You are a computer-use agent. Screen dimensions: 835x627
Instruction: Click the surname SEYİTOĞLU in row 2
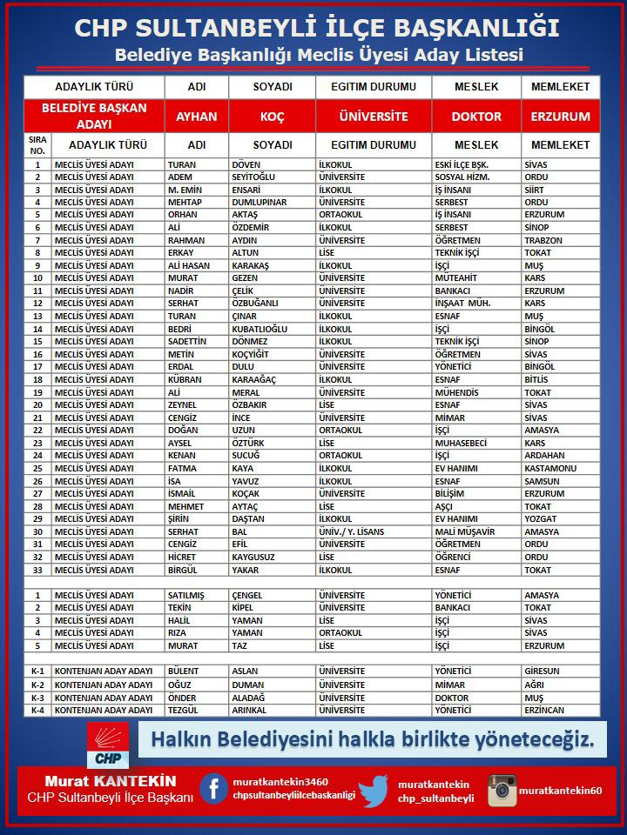point(258,177)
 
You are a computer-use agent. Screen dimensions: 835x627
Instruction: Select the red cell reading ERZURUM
point(560,116)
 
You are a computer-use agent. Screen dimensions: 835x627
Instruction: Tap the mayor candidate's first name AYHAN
point(197,116)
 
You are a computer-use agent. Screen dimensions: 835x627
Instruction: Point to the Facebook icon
point(213,788)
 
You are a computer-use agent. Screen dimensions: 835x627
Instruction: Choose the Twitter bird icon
point(373,791)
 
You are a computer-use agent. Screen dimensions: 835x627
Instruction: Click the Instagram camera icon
point(502,791)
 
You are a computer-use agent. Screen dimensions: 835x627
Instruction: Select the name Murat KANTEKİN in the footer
point(111,781)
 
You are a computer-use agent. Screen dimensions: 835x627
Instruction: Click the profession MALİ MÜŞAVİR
point(464,531)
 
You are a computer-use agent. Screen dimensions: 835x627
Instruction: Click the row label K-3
point(37,698)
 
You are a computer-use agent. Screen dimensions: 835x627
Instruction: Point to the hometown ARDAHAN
point(545,455)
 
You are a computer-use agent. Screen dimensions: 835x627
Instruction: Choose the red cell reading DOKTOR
point(476,116)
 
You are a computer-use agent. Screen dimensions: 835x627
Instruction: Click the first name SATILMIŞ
point(185,595)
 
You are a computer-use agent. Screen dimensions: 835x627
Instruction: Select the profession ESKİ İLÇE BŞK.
point(462,164)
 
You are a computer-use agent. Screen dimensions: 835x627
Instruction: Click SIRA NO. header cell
point(37,144)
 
